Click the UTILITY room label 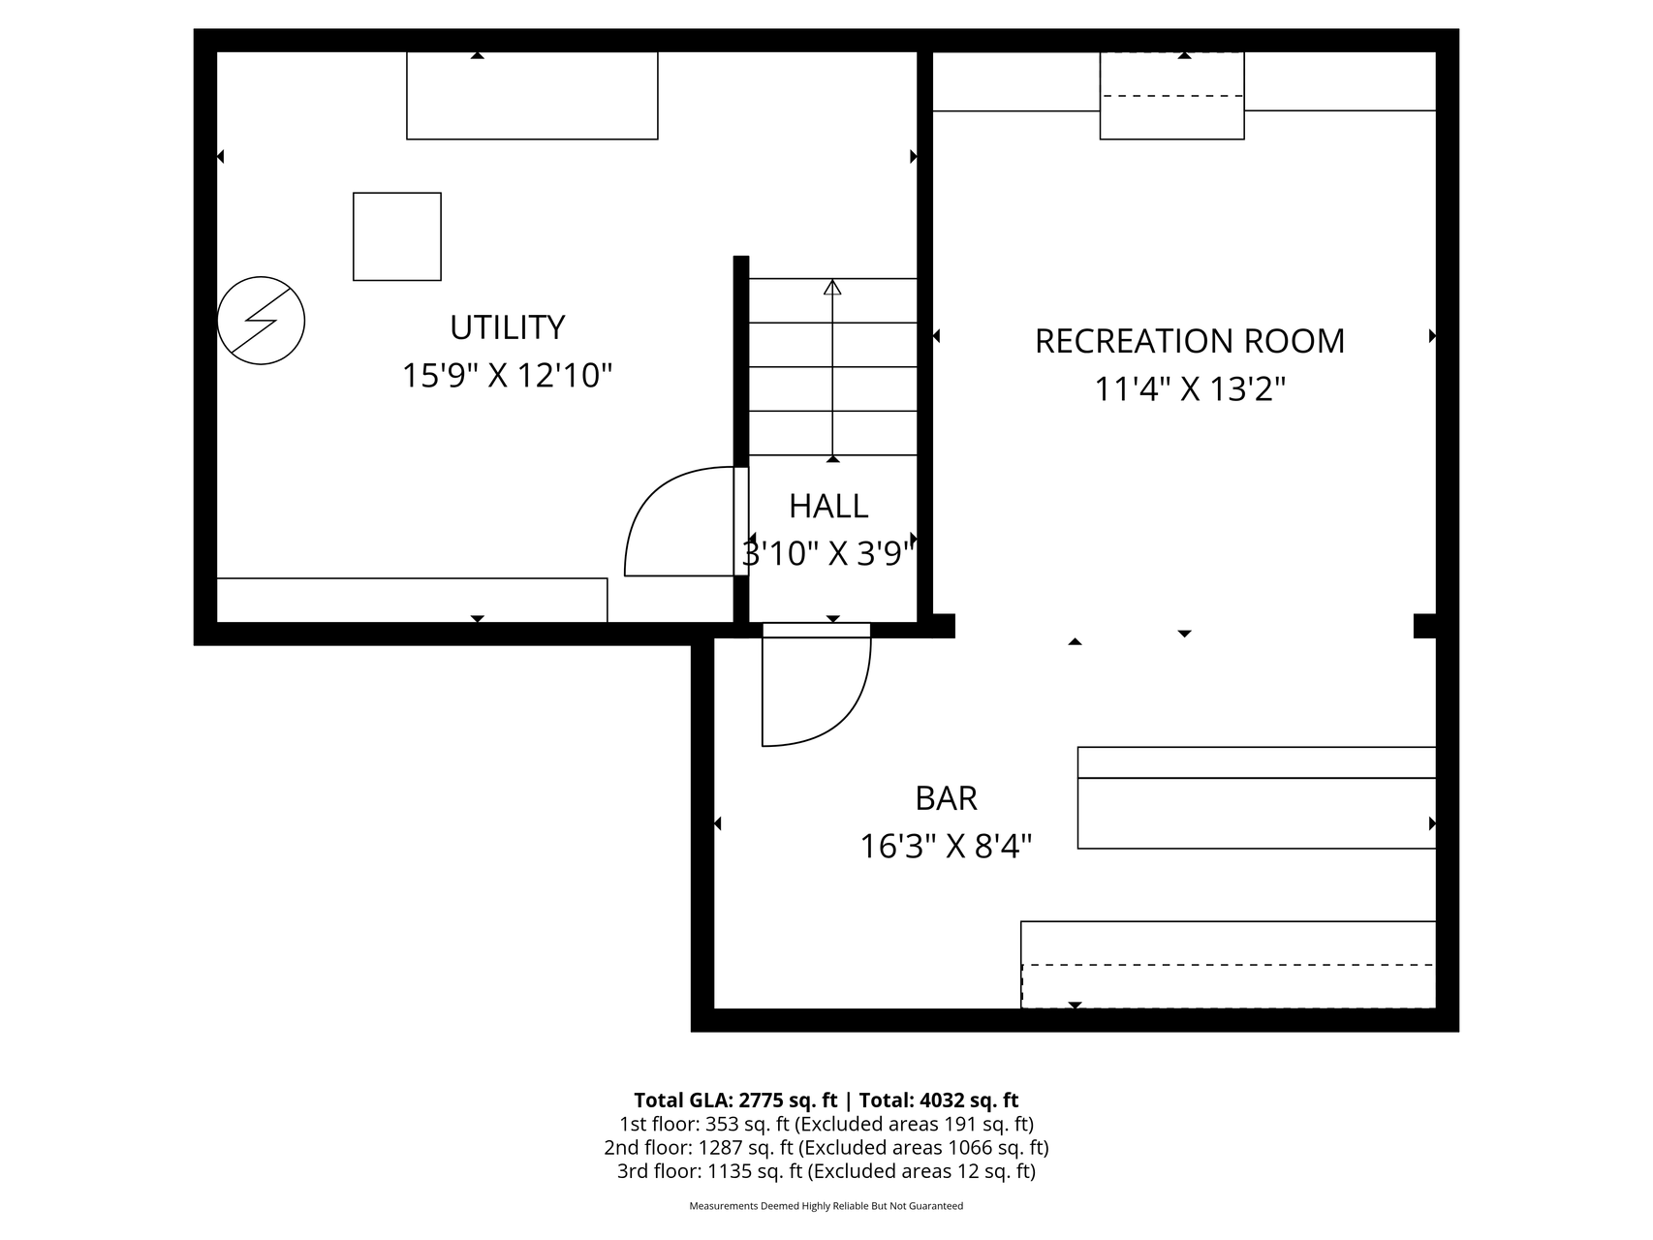[507, 327]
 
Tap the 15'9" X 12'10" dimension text [507, 375]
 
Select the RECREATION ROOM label [1189, 341]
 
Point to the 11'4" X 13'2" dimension [1189, 388]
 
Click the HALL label [827, 506]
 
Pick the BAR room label [946, 798]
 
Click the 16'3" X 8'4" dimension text [946, 847]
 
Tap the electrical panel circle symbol [261, 321]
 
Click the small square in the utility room [396, 236]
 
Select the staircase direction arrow [832, 368]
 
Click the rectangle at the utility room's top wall [532, 95]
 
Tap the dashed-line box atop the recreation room [1171, 95]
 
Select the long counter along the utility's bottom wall [412, 600]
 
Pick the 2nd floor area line [826, 1148]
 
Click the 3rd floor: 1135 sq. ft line [826, 1171]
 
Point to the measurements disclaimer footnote [826, 1206]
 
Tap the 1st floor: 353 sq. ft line [826, 1124]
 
